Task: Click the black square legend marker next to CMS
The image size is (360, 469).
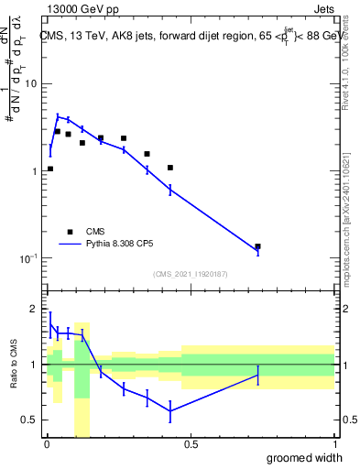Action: tap(70, 232)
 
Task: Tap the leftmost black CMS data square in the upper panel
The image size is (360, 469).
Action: tap(50, 169)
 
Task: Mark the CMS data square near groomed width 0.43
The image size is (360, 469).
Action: tap(170, 168)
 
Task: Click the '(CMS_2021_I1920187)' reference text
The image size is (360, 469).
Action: tap(190, 274)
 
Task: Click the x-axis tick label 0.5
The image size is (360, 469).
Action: tap(190, 444)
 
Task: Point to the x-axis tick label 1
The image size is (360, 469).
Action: tap(334, 444)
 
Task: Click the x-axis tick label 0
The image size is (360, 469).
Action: tap(47, 444)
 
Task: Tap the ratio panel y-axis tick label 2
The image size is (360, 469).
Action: tap(35, 310)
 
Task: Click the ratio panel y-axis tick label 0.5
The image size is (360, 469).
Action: tap(30, 420)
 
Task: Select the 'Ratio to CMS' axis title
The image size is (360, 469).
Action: tap(14, 364)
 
